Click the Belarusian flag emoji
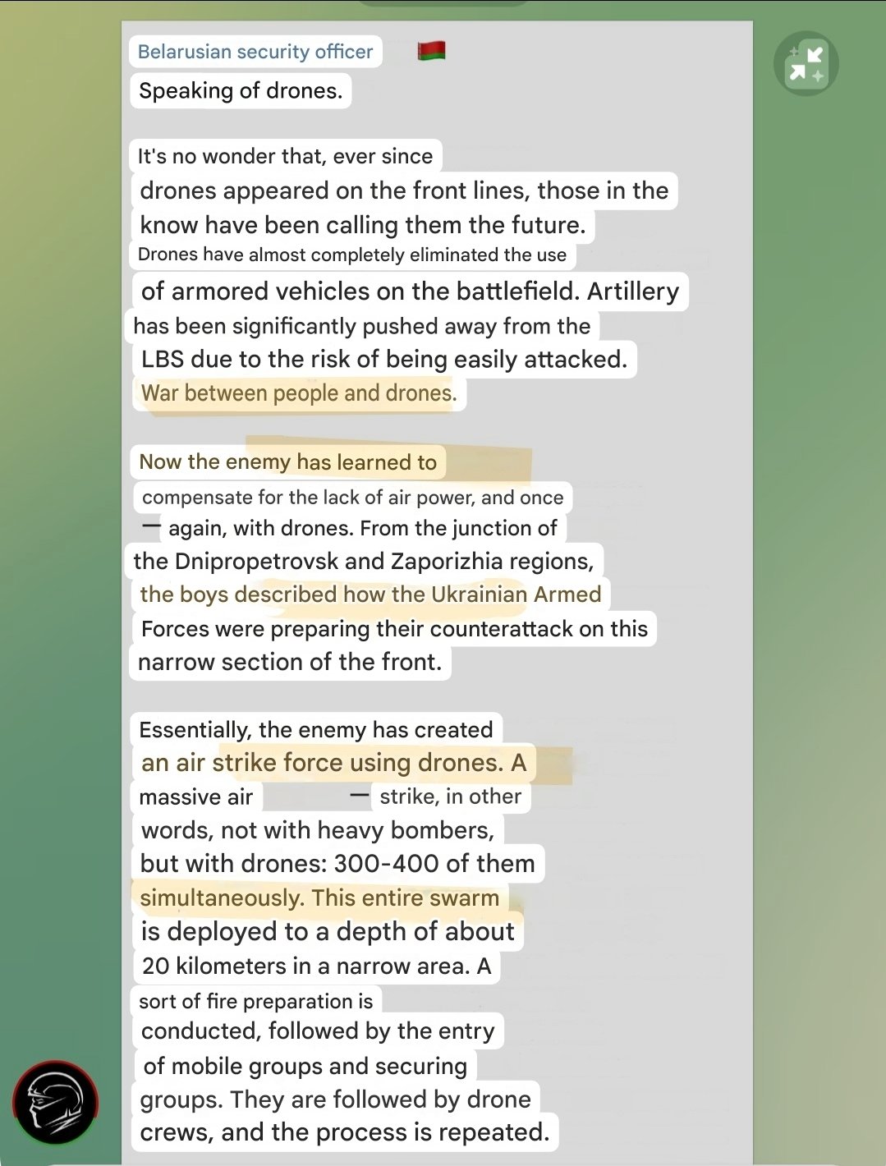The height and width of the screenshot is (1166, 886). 431,51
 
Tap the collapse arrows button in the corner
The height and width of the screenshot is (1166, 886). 806,63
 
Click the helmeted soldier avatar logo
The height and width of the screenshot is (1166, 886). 55,1103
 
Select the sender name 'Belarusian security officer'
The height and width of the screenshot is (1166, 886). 255,52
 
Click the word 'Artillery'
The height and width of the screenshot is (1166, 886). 633,291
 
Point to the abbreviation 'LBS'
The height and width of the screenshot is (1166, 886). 162,359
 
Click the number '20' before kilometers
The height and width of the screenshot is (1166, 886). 155,966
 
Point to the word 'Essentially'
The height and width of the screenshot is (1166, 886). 194,730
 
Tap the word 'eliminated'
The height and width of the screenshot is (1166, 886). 454,255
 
